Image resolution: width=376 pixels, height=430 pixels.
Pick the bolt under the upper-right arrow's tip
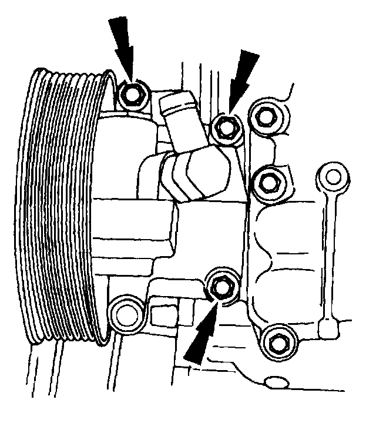click(x=226, y=127)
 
